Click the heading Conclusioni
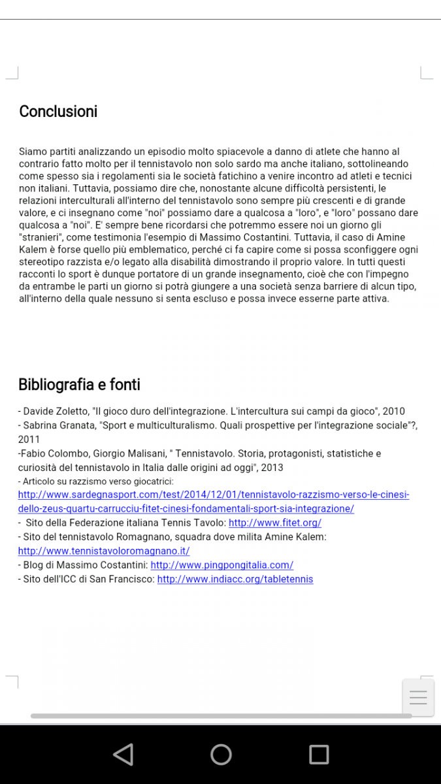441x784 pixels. tap(58, 112)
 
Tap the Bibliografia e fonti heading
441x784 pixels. tap(79, 385)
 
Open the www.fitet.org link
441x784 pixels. tap(274, 523)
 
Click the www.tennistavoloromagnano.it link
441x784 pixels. tap(104, 551)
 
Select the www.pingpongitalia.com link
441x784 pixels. tap(221, 565)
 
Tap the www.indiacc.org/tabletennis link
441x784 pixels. tap(235, 580)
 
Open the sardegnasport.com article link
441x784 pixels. tap(214, 495)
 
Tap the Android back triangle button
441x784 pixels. tap(123, 755)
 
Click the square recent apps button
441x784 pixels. tap(319, 755)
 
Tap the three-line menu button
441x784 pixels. tap(418, 698)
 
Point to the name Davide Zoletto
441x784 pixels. tap(55, 412)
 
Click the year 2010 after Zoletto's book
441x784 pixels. tap(393, 412)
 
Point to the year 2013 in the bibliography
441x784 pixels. tap(272, 468)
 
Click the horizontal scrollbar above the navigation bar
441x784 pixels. tap(221, 716)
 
